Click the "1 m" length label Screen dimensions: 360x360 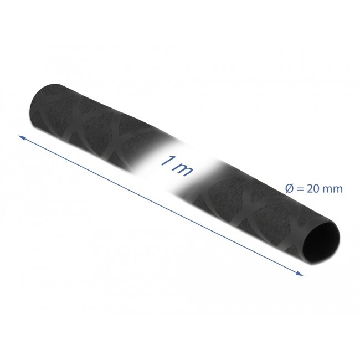pyautogui.click(x=176, y=165)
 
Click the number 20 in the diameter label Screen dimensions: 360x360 pyautogui.click(x=312, y=188)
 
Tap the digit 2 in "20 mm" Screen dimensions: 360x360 pyautogui.click(x=309, y=188)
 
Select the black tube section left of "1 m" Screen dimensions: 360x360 pyautogui.click(x=94, y=124)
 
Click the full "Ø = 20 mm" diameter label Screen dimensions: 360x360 pyautogui.click(x=313, y=188)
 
